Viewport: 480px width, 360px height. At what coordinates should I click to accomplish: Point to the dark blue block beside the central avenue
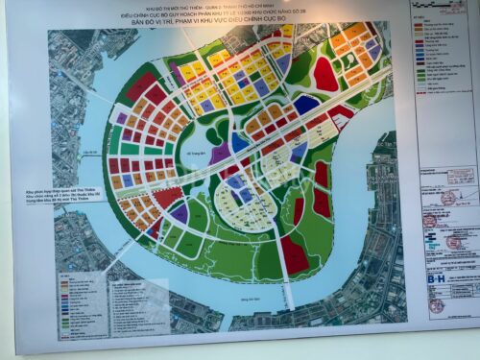pyautogui.click(x=305, y=105)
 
